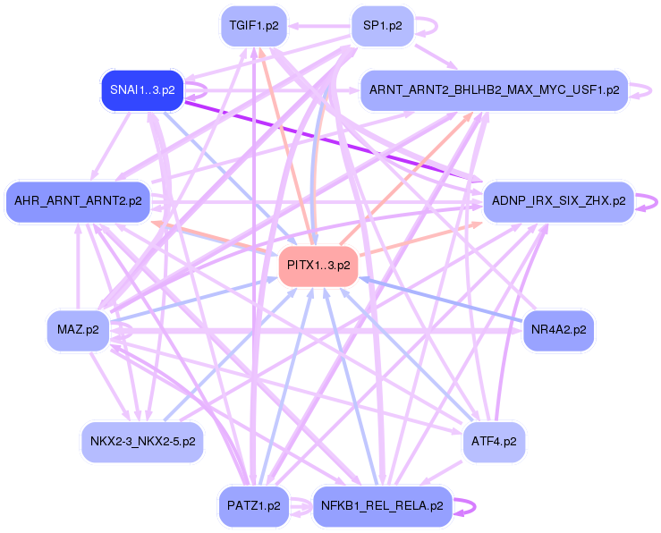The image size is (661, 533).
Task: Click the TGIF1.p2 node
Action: pyautogui.click(x=254, y=26)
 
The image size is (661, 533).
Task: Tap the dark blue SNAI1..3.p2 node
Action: pyautogui.click(x=142, y=90)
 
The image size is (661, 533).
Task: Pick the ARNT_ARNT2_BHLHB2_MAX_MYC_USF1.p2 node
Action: pyautogui.click(x=494, y=90)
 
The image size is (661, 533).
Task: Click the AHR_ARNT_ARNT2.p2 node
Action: pyautogui.click(x=78, y=201)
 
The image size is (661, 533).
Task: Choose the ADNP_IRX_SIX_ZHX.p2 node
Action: pyautogui.click(x=559, y=201)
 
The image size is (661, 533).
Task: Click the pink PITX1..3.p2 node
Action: pyautogui.click(x=318, y=266)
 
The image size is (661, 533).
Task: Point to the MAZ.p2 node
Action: pyautogui.click(x=78, y=331)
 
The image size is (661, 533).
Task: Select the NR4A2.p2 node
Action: pyautogui.click(x=559, y=330)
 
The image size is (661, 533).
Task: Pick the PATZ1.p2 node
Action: pyautogui.click(x=255, y=506)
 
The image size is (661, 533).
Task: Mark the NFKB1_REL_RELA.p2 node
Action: pyautogui.click(x=382, y=506)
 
